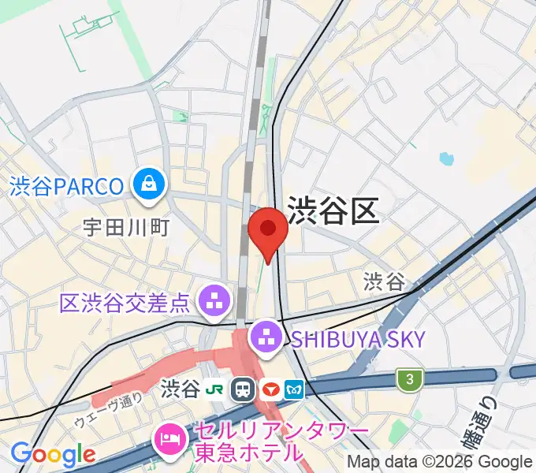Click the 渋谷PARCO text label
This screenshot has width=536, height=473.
point(67,187)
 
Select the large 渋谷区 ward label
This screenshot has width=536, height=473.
point(333,210)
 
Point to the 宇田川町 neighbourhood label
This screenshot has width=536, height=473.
point(126,228)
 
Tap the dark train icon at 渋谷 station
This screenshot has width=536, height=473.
point(244,389)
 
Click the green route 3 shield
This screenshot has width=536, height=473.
point(409,380)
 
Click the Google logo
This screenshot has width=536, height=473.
point(53,455)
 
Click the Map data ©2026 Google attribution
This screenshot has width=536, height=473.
point(440,462)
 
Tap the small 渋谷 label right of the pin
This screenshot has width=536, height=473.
point(384,280)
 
